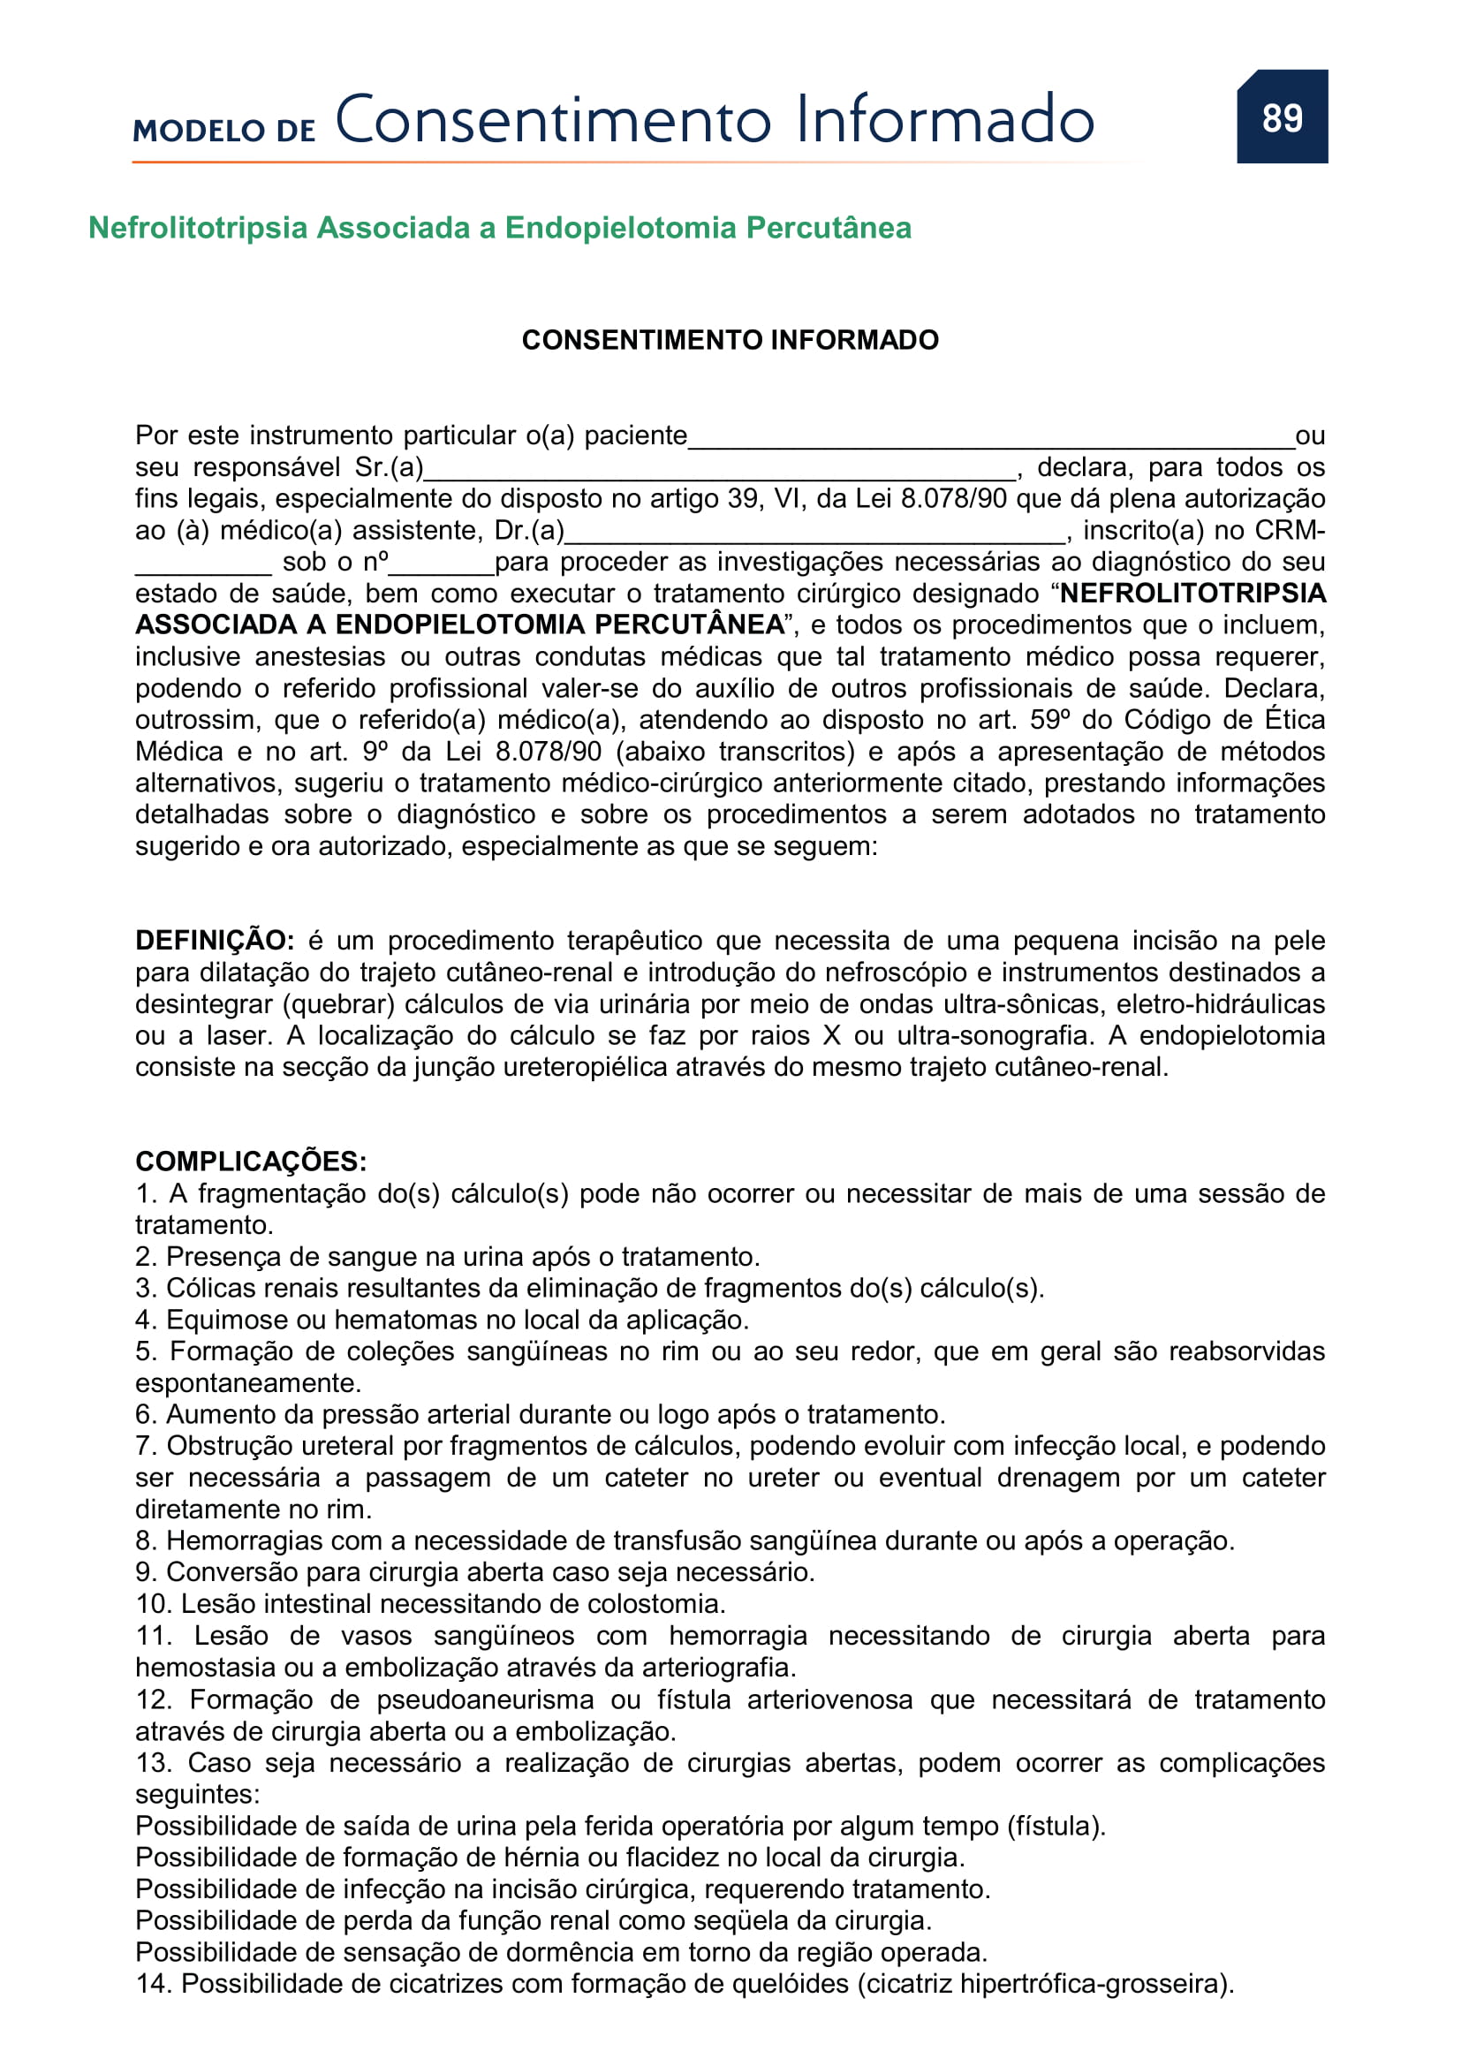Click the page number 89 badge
[x=1281, y=117]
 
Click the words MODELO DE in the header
[x=224, y=132]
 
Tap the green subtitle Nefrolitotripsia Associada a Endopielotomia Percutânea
[x=499, y=228]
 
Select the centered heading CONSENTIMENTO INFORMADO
[x=730, y=340]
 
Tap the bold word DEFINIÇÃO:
[x=214, y=941]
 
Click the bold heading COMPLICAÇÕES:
[x=251, y=1161]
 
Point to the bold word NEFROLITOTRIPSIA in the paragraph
[x=1192, y=593]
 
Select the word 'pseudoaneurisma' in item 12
[x=485, y=1699]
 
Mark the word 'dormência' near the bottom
[x=587, y=1952]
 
